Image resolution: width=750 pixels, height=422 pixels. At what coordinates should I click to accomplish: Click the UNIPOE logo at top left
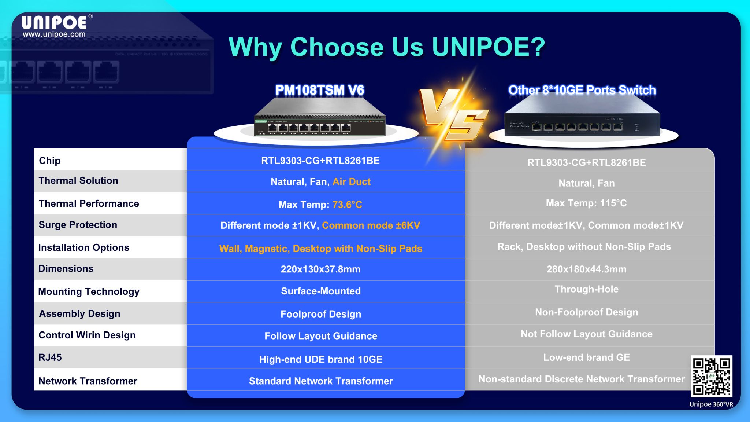[54, 22]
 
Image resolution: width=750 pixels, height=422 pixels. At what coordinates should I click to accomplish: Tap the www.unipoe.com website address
[54, 34]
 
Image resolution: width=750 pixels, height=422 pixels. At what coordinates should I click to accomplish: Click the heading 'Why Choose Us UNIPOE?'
[387, 47]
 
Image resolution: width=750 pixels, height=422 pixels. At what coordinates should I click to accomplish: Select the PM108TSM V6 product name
[320, 90]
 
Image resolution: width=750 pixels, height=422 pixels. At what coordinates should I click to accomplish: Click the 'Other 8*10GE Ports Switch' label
[582, 90]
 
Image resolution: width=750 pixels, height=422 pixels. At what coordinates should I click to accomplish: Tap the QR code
[711, 376]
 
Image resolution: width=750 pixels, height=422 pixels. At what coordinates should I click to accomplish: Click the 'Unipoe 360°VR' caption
[711, 404]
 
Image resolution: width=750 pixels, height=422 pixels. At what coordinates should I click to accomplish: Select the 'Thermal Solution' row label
[78, 181]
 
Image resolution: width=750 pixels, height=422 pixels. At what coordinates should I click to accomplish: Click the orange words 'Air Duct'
[351, 182]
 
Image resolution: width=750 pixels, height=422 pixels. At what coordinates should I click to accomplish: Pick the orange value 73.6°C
[347, 205]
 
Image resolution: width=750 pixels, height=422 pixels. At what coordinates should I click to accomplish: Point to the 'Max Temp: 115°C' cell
[586, 203]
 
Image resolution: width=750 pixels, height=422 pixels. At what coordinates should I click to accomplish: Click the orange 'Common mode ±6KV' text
[371, 225]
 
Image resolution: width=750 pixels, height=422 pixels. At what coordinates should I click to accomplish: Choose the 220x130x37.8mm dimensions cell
[320, 269]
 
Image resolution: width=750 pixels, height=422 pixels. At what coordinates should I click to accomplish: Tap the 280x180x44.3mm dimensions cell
[586, 269]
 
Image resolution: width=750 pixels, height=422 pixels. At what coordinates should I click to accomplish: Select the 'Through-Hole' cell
[586, 289]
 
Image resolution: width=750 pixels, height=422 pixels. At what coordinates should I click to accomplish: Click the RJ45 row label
[50, 357]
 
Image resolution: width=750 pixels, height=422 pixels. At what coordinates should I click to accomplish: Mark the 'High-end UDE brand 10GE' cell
[320, 359]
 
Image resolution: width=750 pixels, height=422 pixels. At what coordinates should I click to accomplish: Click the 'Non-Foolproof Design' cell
[586, 312]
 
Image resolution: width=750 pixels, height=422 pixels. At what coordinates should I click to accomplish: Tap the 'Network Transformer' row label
[88, 381]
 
